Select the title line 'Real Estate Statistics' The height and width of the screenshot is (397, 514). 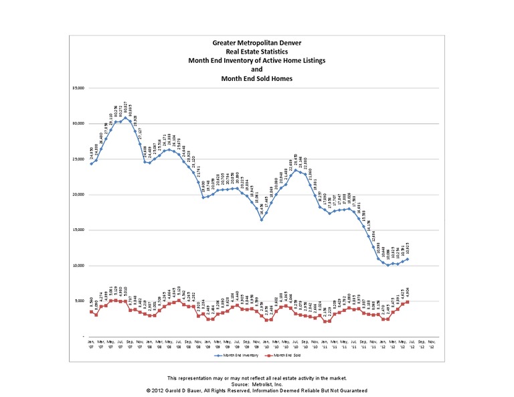257,51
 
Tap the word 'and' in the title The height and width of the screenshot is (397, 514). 257,69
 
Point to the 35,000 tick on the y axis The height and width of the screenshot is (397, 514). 79,88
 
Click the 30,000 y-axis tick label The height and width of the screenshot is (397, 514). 79,124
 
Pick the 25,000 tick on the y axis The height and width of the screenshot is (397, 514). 79,159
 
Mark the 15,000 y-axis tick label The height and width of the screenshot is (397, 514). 79,230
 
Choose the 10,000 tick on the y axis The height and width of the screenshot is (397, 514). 79,266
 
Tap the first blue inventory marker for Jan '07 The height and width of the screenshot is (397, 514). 91,163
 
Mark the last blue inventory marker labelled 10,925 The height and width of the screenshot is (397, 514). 408,259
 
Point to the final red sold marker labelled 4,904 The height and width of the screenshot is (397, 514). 408,302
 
